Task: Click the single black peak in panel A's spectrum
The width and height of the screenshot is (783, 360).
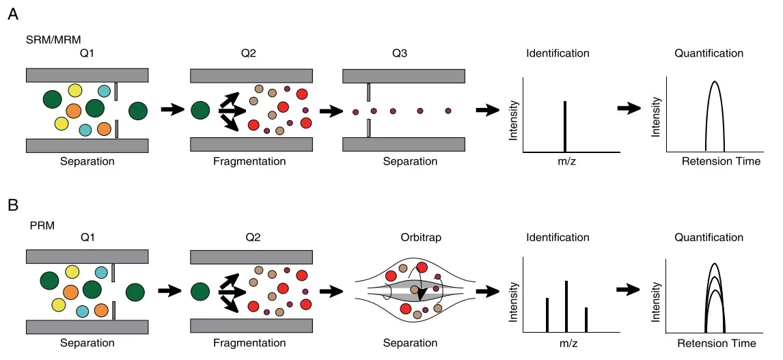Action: tap(565, 126)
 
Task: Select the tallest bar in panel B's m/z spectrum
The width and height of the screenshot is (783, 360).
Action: tap(566, 306)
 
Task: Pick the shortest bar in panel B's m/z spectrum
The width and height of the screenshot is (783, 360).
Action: tap(586, 320)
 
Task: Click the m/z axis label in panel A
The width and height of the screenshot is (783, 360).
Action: tap(564, 162)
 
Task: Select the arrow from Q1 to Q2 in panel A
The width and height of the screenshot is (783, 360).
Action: tap(172, 109)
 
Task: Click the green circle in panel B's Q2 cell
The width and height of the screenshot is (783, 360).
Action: tap(200, 292)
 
